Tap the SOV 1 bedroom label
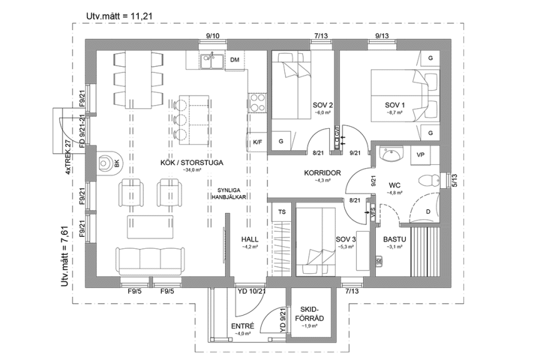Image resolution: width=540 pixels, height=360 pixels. coord(394,104)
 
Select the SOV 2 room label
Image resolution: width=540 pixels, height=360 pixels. coord(322,104)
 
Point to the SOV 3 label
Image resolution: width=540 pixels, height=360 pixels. coord(345,239)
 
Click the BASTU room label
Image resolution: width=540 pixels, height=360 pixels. coord(395,239)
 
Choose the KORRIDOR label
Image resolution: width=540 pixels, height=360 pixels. coord(321,172)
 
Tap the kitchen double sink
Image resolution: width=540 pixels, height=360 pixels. coord(212,61)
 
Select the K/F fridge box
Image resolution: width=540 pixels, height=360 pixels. coord(257,142)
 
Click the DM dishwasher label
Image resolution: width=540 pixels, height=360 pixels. coord(235,60)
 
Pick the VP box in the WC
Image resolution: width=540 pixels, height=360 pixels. coord(420,154)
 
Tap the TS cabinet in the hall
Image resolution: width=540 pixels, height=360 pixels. coord(282,212)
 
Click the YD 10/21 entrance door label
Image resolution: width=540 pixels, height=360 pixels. coord(251,291)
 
